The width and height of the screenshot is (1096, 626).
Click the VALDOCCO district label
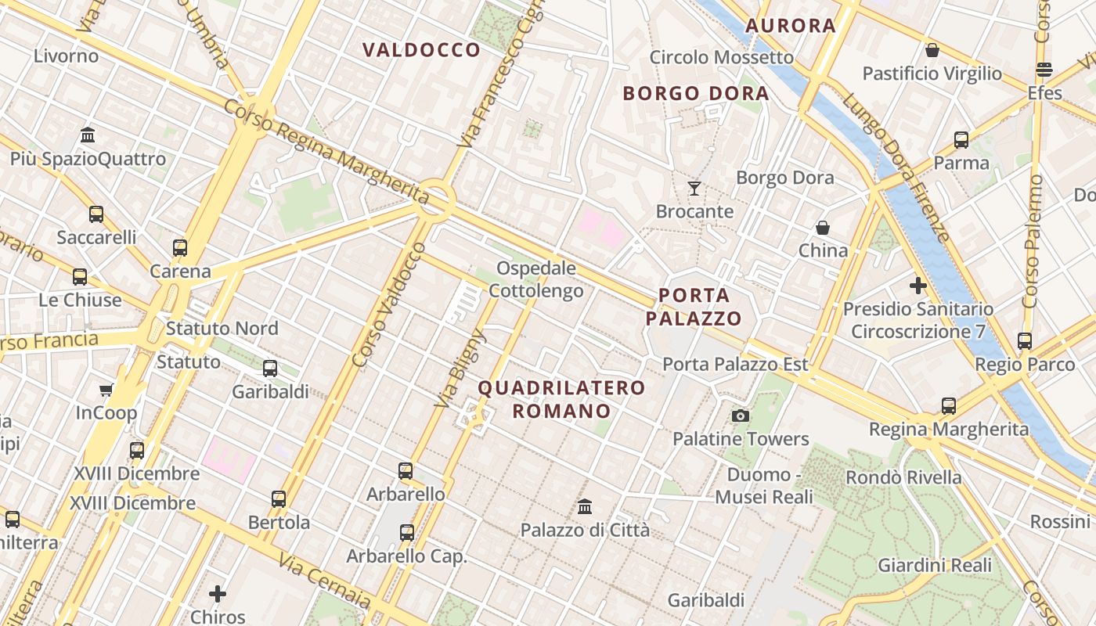point(421,50)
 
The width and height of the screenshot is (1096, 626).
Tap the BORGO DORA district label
point(695,94)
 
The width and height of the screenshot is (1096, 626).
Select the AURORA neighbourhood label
point(790,26)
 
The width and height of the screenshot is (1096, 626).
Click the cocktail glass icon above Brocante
point(694,188)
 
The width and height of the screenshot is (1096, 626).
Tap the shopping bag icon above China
point(822,228)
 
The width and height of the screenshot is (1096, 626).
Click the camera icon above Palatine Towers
point(740,416)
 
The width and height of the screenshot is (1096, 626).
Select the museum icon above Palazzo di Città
point(585,506)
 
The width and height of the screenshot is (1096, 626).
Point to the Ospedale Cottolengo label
point(536,280)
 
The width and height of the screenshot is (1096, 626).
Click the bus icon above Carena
point(180,248)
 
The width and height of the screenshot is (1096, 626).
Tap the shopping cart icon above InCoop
point(106,390)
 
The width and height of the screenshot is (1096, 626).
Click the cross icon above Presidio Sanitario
point(918,286)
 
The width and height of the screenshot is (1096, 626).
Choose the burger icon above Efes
point(1044,70)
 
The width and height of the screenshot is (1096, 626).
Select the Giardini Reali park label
point(934,565)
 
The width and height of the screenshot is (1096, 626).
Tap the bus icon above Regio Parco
point(1024,341)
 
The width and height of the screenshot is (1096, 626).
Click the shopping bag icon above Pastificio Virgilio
point(932,50)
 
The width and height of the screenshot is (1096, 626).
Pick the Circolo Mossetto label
point(721,57)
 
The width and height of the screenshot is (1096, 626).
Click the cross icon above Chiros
point(218,593)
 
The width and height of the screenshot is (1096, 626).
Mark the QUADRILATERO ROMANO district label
point(561,399)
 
